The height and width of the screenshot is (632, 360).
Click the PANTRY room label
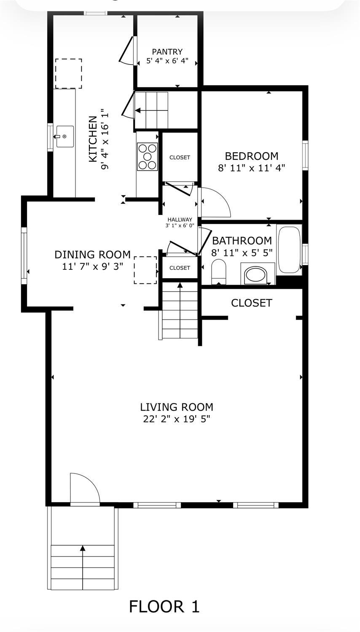coord(167,51)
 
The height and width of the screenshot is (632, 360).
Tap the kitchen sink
coord(65,137)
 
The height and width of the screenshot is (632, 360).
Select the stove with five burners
coord(147,156)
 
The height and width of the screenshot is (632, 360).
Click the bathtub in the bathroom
coord(290,249)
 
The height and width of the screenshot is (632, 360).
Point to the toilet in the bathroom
coord(219,272)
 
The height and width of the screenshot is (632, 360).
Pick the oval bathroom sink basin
coord(255,275)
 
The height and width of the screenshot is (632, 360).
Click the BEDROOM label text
coord(252,156)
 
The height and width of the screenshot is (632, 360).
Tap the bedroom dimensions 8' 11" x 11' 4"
coord(252,168)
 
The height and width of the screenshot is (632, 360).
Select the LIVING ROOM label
coord(177,407)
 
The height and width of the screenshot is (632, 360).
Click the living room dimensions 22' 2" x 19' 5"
coord(177,419)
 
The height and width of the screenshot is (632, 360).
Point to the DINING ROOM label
coord(93,255)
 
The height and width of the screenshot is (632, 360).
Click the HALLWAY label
coord(180,220)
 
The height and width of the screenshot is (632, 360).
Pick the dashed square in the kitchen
coord(69,74)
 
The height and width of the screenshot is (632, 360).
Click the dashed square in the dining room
coord(145,270)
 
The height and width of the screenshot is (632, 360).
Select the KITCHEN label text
coord(93,140)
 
